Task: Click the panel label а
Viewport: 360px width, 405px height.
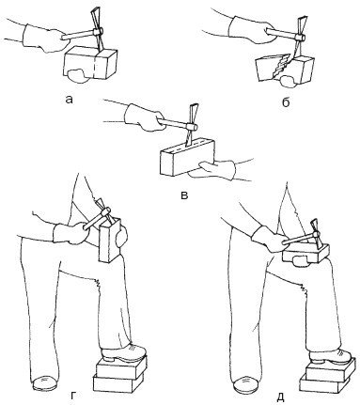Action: click(x=69, y=100)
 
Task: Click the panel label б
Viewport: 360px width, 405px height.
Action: click(x=286, y=102)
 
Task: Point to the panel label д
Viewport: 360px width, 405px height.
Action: click(x=281, y=397)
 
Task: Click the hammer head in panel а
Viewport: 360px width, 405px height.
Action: click(x=97, y=31)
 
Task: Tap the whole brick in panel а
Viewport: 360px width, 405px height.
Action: click(x=90, y=63)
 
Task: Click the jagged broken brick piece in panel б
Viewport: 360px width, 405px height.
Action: click(x=272, y=68)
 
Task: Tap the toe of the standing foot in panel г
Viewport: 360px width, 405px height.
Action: click(x=45, y=382)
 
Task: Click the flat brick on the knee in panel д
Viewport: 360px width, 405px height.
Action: click(x=305, y=253)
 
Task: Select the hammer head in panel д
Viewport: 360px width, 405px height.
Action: click(x=316, y=234)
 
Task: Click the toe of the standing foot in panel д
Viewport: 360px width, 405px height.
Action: click(x=246, y=384)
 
